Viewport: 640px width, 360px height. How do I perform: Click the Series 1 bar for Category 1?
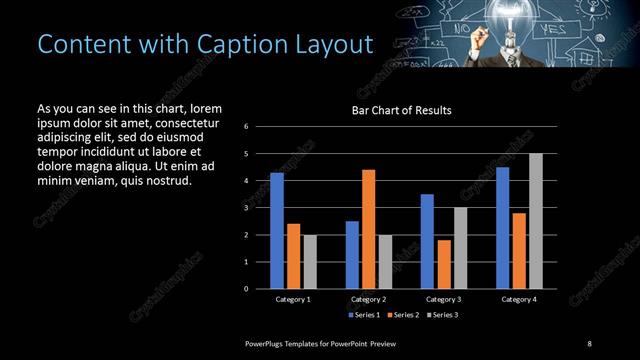(x=277, y=230)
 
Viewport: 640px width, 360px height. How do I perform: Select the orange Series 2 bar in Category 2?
(x=368, y=229)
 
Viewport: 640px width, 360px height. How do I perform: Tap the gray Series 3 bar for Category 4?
(x=536, y=221)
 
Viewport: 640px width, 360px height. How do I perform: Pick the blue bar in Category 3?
(x=427, y=241)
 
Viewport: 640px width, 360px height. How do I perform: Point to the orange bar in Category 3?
(x=443, y=264)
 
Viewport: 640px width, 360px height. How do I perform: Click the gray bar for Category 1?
(x=309, y=261)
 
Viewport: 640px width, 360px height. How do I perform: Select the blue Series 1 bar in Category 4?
(x=503, y=228)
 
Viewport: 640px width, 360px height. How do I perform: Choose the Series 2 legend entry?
(x=403, y=315)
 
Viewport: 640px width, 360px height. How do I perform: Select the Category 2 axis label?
(x=368, y=299)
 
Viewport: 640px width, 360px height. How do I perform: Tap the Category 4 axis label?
(x=518, y=299)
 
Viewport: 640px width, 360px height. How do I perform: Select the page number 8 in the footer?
(x=590, y=343)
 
